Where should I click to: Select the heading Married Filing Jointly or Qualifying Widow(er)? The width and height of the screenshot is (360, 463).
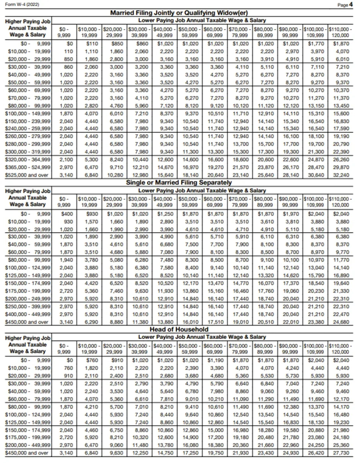coord(179,13)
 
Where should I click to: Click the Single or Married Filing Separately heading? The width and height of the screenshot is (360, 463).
coord(179,182)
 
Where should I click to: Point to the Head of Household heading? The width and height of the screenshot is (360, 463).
coord(179,329)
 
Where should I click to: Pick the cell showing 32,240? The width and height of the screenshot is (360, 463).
coord(341,175)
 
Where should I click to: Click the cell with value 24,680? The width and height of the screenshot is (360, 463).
coord(341,322)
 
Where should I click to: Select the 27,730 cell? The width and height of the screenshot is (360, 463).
coord(341,453)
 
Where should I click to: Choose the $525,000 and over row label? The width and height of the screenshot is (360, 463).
coord(28,175)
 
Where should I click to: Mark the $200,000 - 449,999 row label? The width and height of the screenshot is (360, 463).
coord(28,445)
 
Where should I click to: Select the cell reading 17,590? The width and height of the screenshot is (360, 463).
coord(341,128)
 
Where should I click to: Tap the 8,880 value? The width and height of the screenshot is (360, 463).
coord(116,322)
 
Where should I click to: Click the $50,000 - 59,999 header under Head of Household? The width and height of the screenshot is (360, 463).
coord(190,348)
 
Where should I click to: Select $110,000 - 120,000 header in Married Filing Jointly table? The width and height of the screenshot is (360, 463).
coord(340,31)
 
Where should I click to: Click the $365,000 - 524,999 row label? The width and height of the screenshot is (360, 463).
coord(28,168)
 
